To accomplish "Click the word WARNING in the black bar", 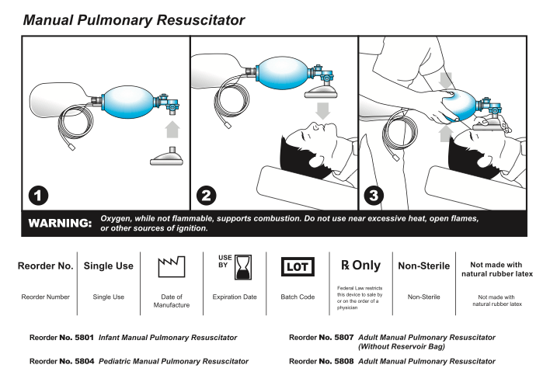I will [60, 224].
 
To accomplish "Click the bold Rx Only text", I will [361, 266].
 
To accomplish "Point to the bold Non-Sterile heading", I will [423, 266].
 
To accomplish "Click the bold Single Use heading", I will [108, 266].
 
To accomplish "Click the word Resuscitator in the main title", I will [194, 18].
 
